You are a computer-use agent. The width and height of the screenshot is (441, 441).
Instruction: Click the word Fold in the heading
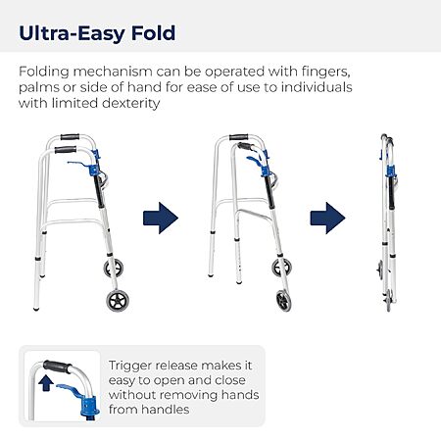[153, 33]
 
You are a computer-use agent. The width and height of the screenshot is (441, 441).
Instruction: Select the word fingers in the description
[325, 72]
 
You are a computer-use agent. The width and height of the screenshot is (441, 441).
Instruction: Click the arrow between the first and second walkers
[161, 218]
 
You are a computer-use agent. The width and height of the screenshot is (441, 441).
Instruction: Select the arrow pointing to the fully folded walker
[327, 218]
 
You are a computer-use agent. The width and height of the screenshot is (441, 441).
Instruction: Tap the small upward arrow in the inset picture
[46, 383]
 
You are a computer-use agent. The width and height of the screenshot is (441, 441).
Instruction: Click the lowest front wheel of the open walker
[118, 301]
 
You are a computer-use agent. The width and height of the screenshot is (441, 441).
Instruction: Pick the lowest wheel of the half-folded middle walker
[283, 301]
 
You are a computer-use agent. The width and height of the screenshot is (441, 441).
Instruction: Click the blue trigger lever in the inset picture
[71, 389]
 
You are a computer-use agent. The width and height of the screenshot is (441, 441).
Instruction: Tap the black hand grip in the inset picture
[57, 367]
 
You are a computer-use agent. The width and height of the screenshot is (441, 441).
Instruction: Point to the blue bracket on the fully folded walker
[390, 171]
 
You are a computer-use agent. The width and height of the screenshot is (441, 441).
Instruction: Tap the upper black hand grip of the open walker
[70, 136]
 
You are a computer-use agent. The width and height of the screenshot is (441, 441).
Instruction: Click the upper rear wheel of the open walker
[114, 269]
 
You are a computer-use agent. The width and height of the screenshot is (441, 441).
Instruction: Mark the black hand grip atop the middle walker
[239, 137]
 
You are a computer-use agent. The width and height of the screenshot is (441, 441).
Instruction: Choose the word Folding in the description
[44, 72]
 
